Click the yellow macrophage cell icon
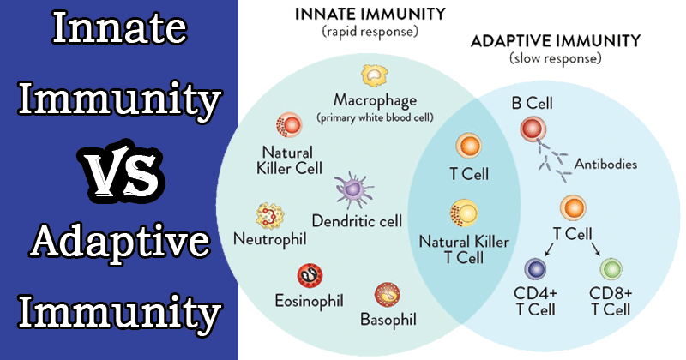(375, 75)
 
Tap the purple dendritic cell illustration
(353, 189)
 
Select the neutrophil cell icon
(270, 216)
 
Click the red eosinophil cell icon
(310, 276)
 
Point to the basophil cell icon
(388, 294)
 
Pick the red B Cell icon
(533, 129)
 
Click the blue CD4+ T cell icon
(535, 268)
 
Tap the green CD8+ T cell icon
(611, 268)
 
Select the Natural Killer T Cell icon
(464, 213)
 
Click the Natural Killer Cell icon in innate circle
(289, 125)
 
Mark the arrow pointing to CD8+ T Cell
(596, 249)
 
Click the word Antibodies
(605, 164)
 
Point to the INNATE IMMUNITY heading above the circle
(370, 14)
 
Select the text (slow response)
(555, 58)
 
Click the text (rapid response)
(370, 32)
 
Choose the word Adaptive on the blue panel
(120, 242)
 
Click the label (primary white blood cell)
(375, 118)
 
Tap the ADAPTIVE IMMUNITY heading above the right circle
(556, 41)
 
